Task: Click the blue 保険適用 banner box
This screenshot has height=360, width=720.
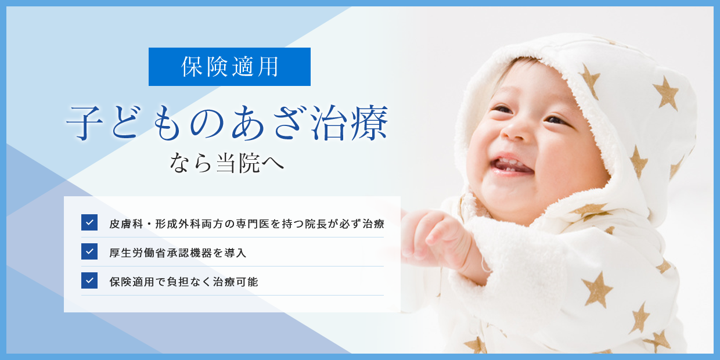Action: click(229, 67)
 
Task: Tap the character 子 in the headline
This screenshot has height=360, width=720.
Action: click(85, 124)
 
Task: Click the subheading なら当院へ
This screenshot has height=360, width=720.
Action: click(227, 163)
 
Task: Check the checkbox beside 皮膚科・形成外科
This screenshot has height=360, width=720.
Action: click(89, 222)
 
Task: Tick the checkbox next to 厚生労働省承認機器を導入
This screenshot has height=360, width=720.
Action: click(89, 251)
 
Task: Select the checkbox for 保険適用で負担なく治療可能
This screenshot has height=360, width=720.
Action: click(89, 280)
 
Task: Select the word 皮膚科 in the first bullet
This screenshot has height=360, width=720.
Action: click(126, 224)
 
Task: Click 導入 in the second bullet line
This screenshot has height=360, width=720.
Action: click(235, 253)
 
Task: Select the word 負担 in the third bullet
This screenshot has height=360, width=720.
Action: click(178, 282)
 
